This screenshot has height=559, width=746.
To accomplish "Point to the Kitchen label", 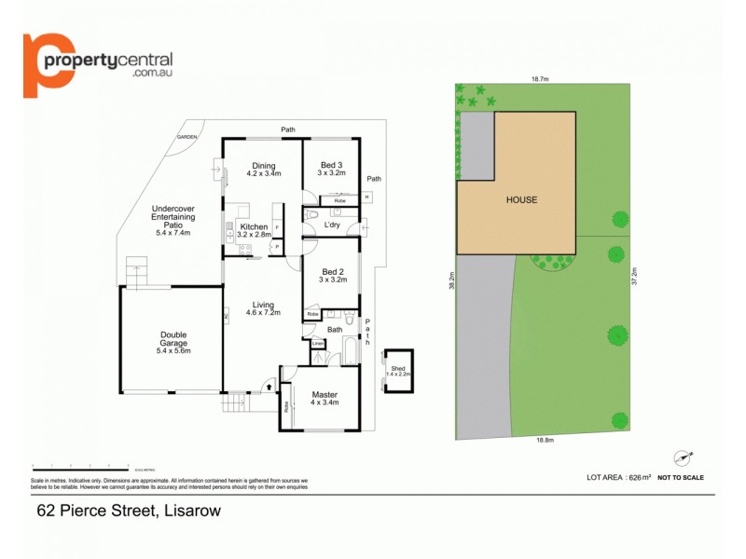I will coord(254,227).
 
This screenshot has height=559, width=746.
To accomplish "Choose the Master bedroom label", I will coord(325,395).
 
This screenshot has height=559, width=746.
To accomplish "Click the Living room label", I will coord(262,305).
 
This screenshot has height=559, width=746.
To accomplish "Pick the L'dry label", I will coord(332,225).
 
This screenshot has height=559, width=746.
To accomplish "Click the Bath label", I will coord(335,329).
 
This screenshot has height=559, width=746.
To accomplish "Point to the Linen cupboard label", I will coord(318,344).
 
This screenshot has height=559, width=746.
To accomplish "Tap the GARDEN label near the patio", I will coord(187,137).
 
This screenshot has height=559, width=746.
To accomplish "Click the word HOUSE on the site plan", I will coord(522,200).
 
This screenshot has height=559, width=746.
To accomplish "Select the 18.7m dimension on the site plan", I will coord(538,79).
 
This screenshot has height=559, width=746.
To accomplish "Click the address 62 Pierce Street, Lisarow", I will coord(129,510).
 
